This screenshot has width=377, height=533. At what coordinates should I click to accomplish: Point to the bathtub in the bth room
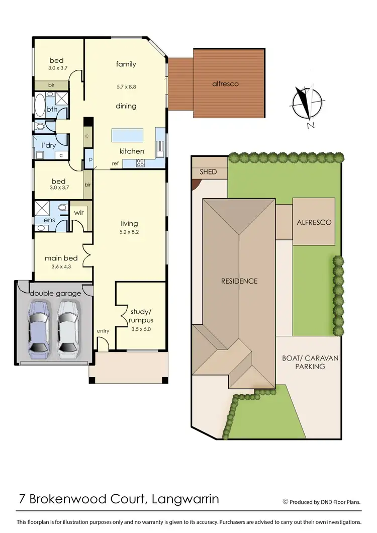click(x=39, y=107)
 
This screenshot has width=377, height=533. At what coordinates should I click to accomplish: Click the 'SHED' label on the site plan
click(x=208, y=172)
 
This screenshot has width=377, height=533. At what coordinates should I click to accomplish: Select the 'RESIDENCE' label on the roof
click(x=239, y=281)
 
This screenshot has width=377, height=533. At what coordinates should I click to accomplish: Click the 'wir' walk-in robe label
click(x=79, y=213)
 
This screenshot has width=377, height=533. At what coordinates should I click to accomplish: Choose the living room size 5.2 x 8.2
click(x=129, y=232)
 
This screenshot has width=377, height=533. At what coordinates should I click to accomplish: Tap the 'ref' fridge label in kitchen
click(x=115, y=163)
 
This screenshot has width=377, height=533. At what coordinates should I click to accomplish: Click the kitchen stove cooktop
click(x=141, y=162)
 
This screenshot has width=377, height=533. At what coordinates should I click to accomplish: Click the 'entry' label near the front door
click(x=103, y=331)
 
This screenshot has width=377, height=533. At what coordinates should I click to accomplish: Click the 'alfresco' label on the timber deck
click(x=225, y=84)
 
